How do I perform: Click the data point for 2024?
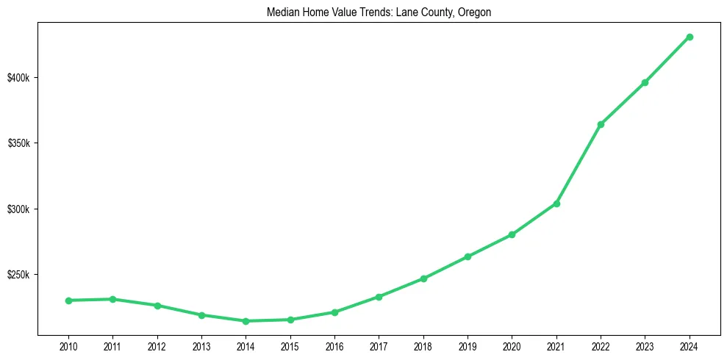click(x=690, y=37)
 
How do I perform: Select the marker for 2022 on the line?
click(x=601, y=124)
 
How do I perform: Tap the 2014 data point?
click(x=246, y=321)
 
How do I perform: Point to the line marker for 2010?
click(x=68, y=300)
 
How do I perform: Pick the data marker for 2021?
click(x=556, y=204)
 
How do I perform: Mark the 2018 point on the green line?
click(x=423, y=278)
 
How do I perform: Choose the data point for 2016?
click(x=334, y=312)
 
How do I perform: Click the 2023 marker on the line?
click(x=645, y=82)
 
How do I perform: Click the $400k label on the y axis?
click(x=19, y=78)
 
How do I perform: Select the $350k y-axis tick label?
click(x=19, y=143)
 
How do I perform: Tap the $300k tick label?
click(x=19, y=209)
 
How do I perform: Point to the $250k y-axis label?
click(x=19, y=275)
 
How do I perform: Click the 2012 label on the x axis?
click(x=157, y=345)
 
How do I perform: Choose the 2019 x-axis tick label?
click(x=468, y=345)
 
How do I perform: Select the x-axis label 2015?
click(x=290, y=345)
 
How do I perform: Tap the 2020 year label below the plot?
click(x=512, y=345)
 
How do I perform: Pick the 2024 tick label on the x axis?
click(x=690, y=345)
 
